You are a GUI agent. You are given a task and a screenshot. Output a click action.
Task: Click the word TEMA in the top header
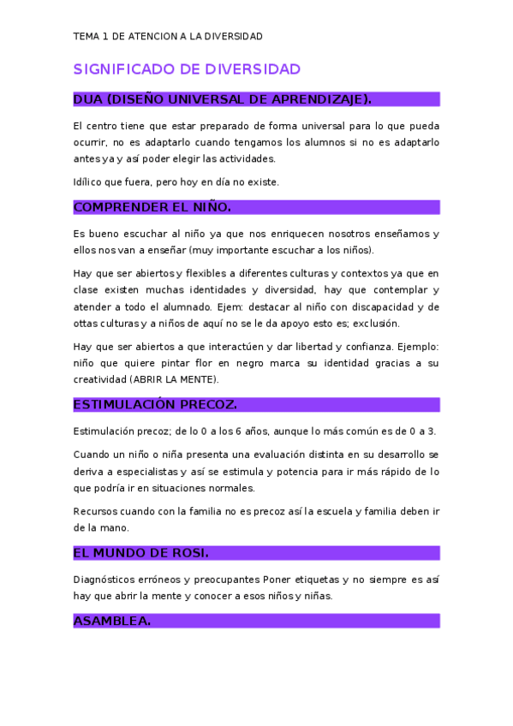[x=86, y=36]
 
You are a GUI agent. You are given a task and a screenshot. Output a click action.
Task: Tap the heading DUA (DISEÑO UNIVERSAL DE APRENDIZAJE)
[x=223, y=99]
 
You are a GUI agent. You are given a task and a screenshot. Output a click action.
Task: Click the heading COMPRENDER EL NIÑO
[x=152, y=207]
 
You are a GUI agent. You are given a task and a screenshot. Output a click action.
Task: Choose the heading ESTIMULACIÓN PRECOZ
[x=155, y=404]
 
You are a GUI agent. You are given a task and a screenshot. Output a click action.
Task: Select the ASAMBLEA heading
[x=112, y=621]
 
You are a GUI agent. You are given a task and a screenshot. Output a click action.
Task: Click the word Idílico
[x=88, y=181]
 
